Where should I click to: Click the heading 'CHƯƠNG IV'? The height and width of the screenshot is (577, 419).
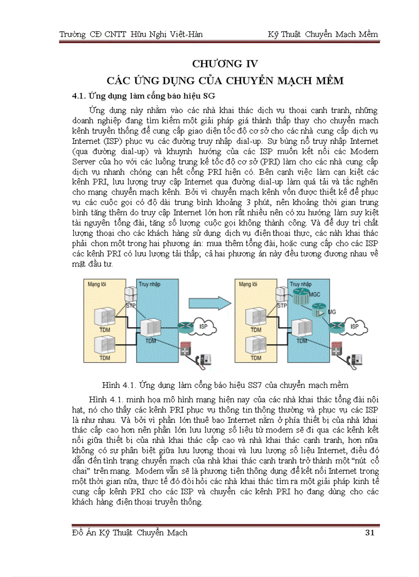point(224,64)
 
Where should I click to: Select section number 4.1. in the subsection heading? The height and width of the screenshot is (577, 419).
point(79,96)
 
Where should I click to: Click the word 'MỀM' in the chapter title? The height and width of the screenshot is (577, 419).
point(327,81)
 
